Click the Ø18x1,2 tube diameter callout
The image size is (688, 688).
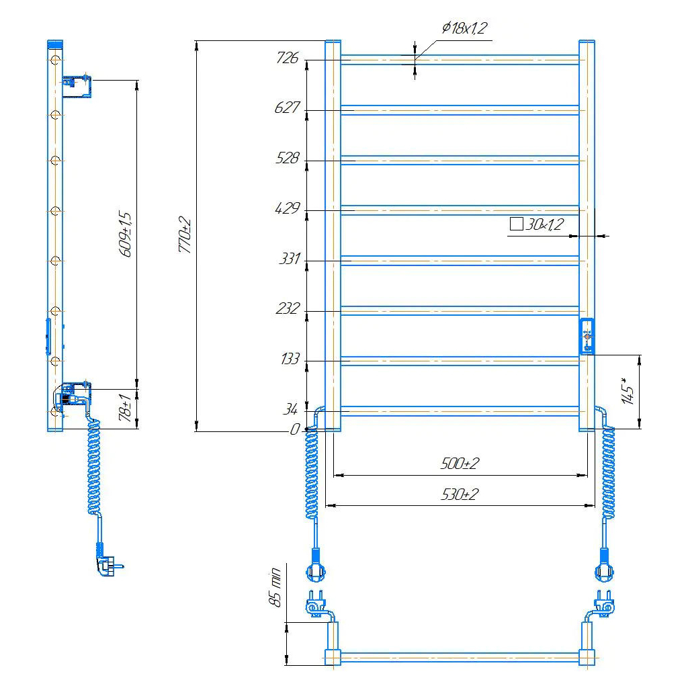click(464, 28)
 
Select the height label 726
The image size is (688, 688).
click(288, 58)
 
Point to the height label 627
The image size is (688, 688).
click(287, 107)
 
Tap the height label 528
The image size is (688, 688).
click(288, 158)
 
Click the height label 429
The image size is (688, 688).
click(288, 208)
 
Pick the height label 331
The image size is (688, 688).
click(290, 259)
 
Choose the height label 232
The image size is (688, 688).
click(288, 308)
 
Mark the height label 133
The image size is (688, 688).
click(290, 359)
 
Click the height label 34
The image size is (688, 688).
click(290, 409)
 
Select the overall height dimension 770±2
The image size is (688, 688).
click(185, 234)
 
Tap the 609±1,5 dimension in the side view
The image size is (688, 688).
click(125, 234)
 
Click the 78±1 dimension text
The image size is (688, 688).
click(125, 408)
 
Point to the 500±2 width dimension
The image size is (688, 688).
click(460, 464)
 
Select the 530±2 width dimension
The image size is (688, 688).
click(460, 494)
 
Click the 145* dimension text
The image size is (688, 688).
click(628, 390)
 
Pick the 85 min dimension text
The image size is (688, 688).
click(275, 587)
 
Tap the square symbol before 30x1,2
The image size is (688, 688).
click(517, 224)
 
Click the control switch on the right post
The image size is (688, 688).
click(587, 336)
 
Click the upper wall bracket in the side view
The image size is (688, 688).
click(77, 86)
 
